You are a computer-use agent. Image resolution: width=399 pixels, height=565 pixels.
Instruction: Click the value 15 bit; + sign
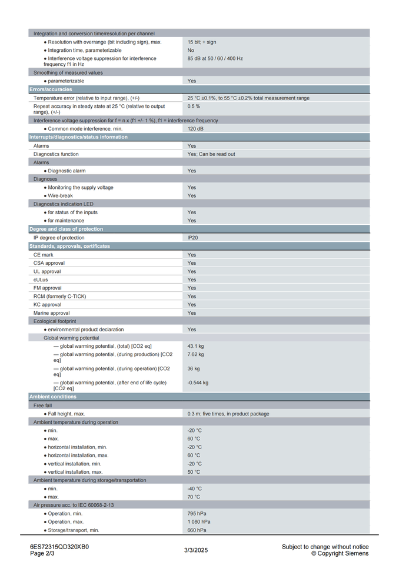tap(201, 42)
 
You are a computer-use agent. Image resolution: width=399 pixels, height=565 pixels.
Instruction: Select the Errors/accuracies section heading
tap(51, 89)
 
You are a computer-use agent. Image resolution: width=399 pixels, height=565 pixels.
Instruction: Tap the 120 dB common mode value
tap(197, 128)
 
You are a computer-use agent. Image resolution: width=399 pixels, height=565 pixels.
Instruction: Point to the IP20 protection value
tap(193, 238)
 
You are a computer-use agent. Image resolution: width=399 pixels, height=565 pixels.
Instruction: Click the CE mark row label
tap(44, 255)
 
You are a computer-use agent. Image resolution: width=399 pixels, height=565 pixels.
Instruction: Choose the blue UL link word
tap(36, 271)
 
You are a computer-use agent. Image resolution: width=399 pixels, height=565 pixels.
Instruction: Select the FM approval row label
tap(48, 288)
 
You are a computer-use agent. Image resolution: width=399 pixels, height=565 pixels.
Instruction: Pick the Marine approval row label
tap(51, 313)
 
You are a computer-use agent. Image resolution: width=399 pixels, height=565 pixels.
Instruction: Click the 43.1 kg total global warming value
tap(195, 346)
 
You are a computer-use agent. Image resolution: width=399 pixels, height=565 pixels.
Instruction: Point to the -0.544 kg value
tap(198, 383)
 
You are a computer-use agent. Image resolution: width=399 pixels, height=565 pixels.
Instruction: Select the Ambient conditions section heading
tap(53, 397)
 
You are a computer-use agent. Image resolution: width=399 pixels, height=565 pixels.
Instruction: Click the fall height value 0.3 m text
tap(228, 414)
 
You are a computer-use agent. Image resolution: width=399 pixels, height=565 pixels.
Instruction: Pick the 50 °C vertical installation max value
tap(194, 472)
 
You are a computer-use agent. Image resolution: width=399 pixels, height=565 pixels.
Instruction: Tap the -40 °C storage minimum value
tap(195, 488)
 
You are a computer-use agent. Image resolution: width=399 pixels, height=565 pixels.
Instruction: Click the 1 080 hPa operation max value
tap(199, 521)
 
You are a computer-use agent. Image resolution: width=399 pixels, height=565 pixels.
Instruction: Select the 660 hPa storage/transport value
tap(197, 530)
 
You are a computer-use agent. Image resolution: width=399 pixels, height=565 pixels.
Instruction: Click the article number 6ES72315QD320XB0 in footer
tap(59, 547)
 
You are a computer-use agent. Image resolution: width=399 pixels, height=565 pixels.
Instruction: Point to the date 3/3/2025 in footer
tap(196, 550)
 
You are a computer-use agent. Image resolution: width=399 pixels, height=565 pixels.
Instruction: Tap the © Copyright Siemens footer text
tap(340, 553)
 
